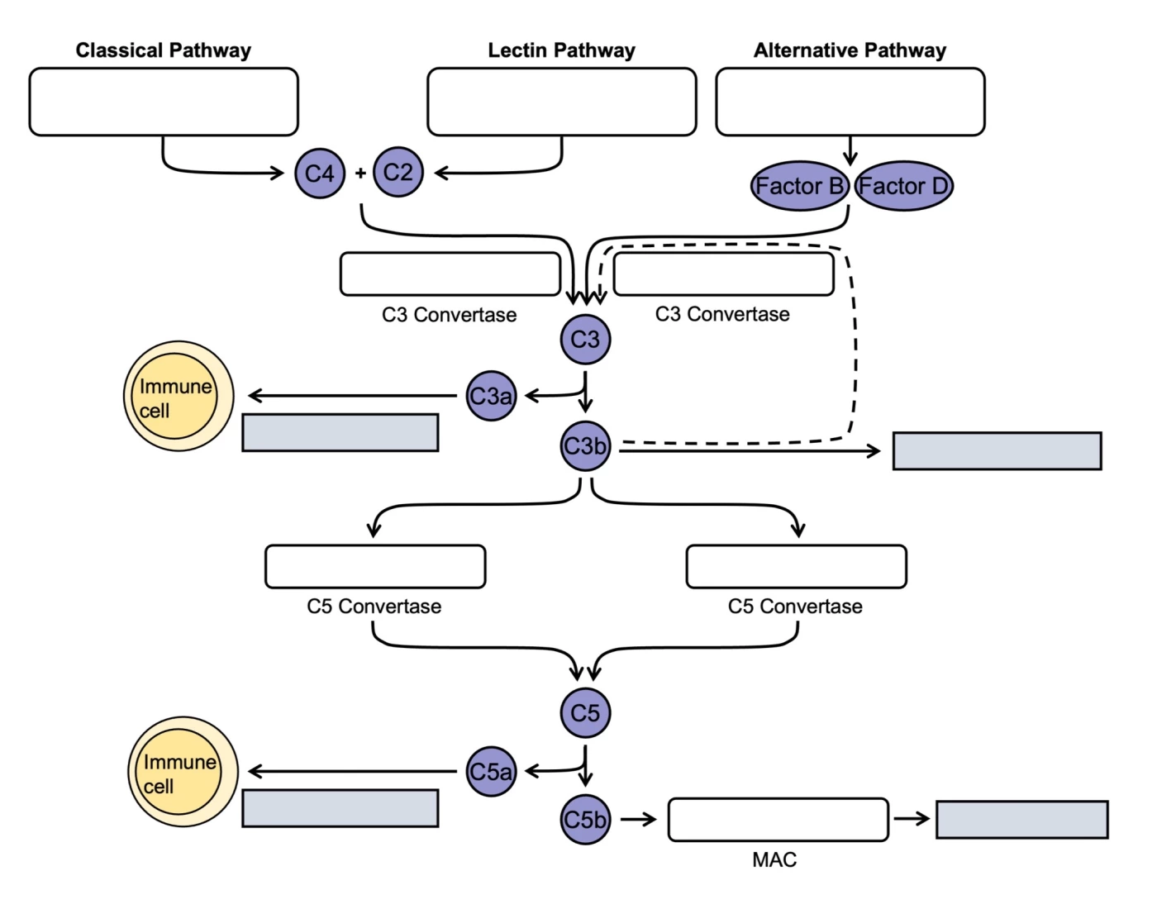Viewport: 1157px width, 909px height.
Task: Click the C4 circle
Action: pyautogui.click(x=320, y=174)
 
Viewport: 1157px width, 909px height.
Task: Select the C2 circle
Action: pyautogui.click(x=398, y=172)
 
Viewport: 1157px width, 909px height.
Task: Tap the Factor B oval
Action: pyautogui.click(x=799, y=186)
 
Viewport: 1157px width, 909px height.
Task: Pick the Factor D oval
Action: pyautogui.click(x=903, y=186)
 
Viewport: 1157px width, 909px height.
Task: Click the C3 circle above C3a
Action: pyautogui.click(x=585, y=339)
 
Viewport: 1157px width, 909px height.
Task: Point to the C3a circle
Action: pyautogui.click(x=491, y=396)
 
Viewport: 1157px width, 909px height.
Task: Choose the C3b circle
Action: pyautogui.click(x=585, y=446)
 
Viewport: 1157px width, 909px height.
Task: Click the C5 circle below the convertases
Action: pyautogui.click(x=585, y=712)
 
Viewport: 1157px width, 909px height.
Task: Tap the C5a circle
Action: pyautogui.click(x=491, y=771)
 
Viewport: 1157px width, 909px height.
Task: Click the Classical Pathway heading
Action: pyautogui.click(x=164, y=50)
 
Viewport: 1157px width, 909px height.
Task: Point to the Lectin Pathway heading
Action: pyautogui.click(x=561, y=50)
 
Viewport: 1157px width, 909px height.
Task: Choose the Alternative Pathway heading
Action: pyautogui.click(x=850, y=50)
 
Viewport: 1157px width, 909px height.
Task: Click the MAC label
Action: pyautogui.click(x=774, y=860)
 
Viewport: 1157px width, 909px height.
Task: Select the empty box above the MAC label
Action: pyautogui.click(x=778, y=819)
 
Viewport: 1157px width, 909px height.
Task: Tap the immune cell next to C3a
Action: pyautogui.click(x=179, y=397)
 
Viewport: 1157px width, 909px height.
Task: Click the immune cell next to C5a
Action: pyautogui.click(x=183, y=772)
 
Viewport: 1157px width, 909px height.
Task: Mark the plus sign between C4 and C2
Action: pyautogui.click(x=360, y=174)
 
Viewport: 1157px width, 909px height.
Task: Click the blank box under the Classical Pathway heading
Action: pyautogui.click(x=164, y=102)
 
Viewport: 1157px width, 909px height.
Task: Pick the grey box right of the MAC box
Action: pyautogui.click(x=1021, y=819)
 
